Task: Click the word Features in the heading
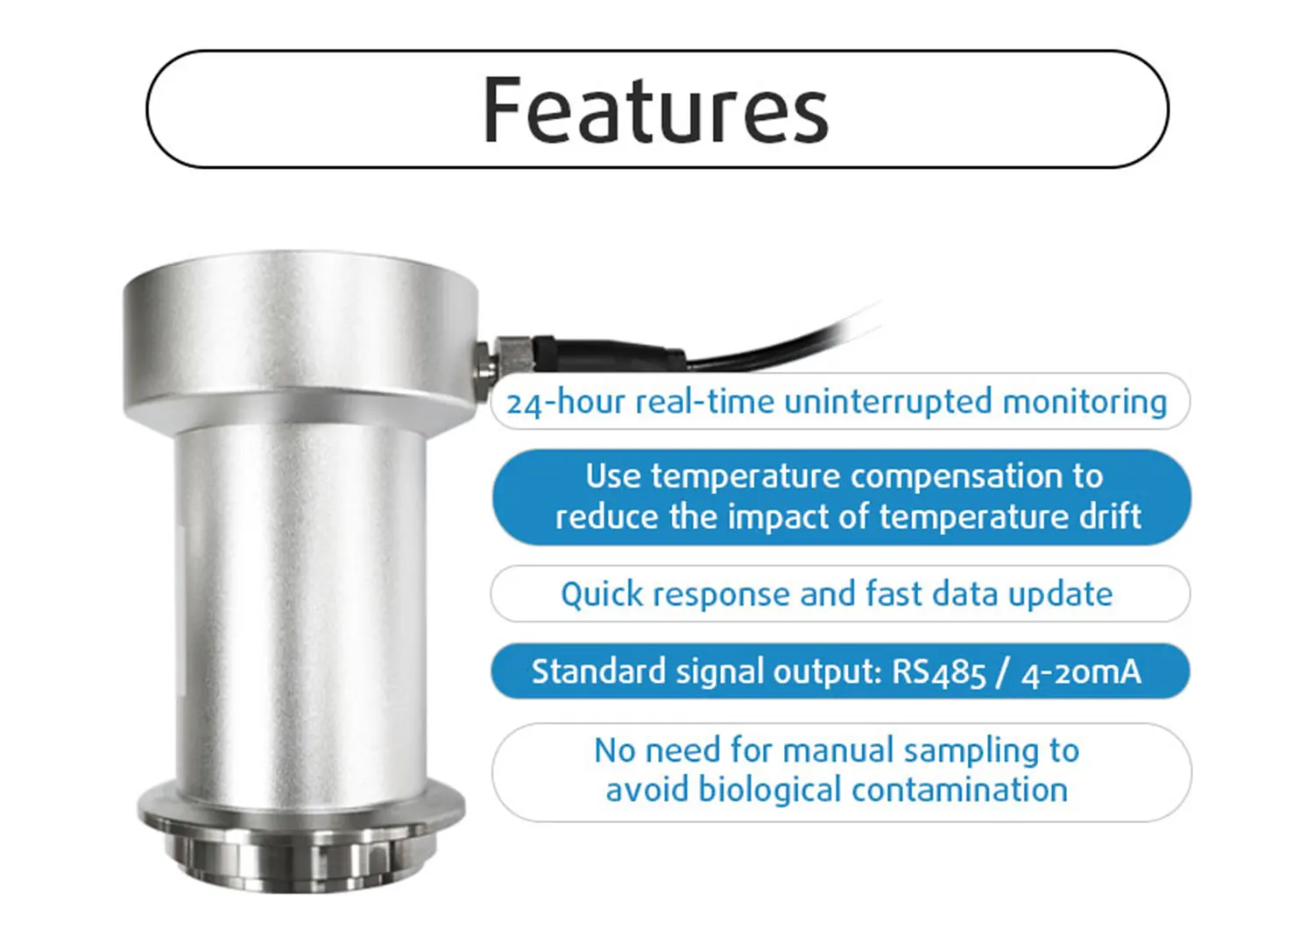pyautogui.click(x=655, y=109)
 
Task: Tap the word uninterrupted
pyautogui.click(x=888, y=403)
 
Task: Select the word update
pyautogui.click(x=1060, y=595)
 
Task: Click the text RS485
pyautogui.click(x=938, y=672)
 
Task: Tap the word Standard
pyautogui.click(x=598, y=671)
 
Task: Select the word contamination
pyautogui.click(x=960, y=790)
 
